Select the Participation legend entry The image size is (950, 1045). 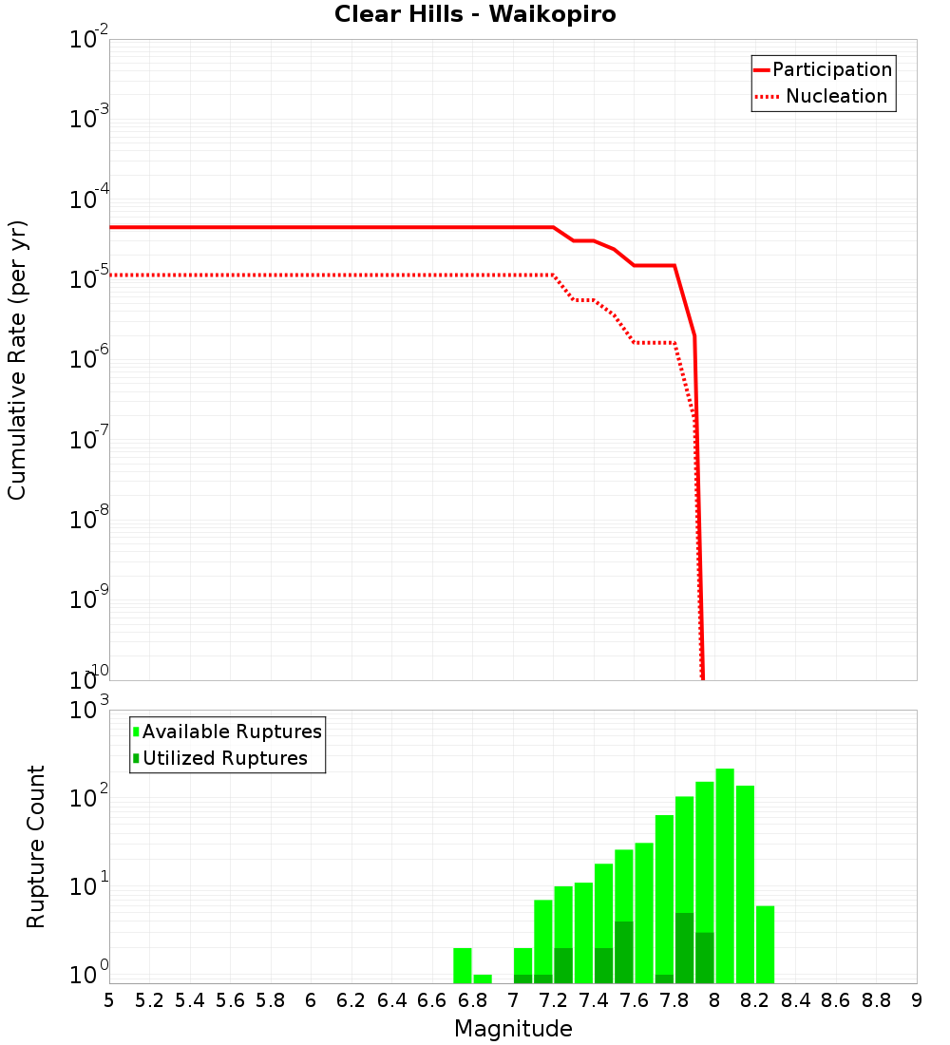(831, 69)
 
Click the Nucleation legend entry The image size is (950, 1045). (835, 96)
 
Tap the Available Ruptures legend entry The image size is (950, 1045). (231, 731)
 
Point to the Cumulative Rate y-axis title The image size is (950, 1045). (17, 359)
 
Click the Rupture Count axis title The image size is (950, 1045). (36, 845)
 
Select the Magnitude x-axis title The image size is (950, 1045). (513, 1029)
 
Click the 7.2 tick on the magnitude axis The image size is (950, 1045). (553, 1000)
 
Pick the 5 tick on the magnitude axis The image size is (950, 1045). (109, 1000)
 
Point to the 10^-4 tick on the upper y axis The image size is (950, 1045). (90, 199)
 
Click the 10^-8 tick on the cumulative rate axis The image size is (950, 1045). (90, 520)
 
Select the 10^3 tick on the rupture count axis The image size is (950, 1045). (90, 711)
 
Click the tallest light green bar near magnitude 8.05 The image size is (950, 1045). (725, 874)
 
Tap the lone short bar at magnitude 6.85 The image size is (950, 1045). (483, 978)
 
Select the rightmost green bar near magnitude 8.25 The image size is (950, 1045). (765, 944)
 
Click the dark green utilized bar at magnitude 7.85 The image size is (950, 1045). (684, 948)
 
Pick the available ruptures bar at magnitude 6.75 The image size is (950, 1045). (462, 965)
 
